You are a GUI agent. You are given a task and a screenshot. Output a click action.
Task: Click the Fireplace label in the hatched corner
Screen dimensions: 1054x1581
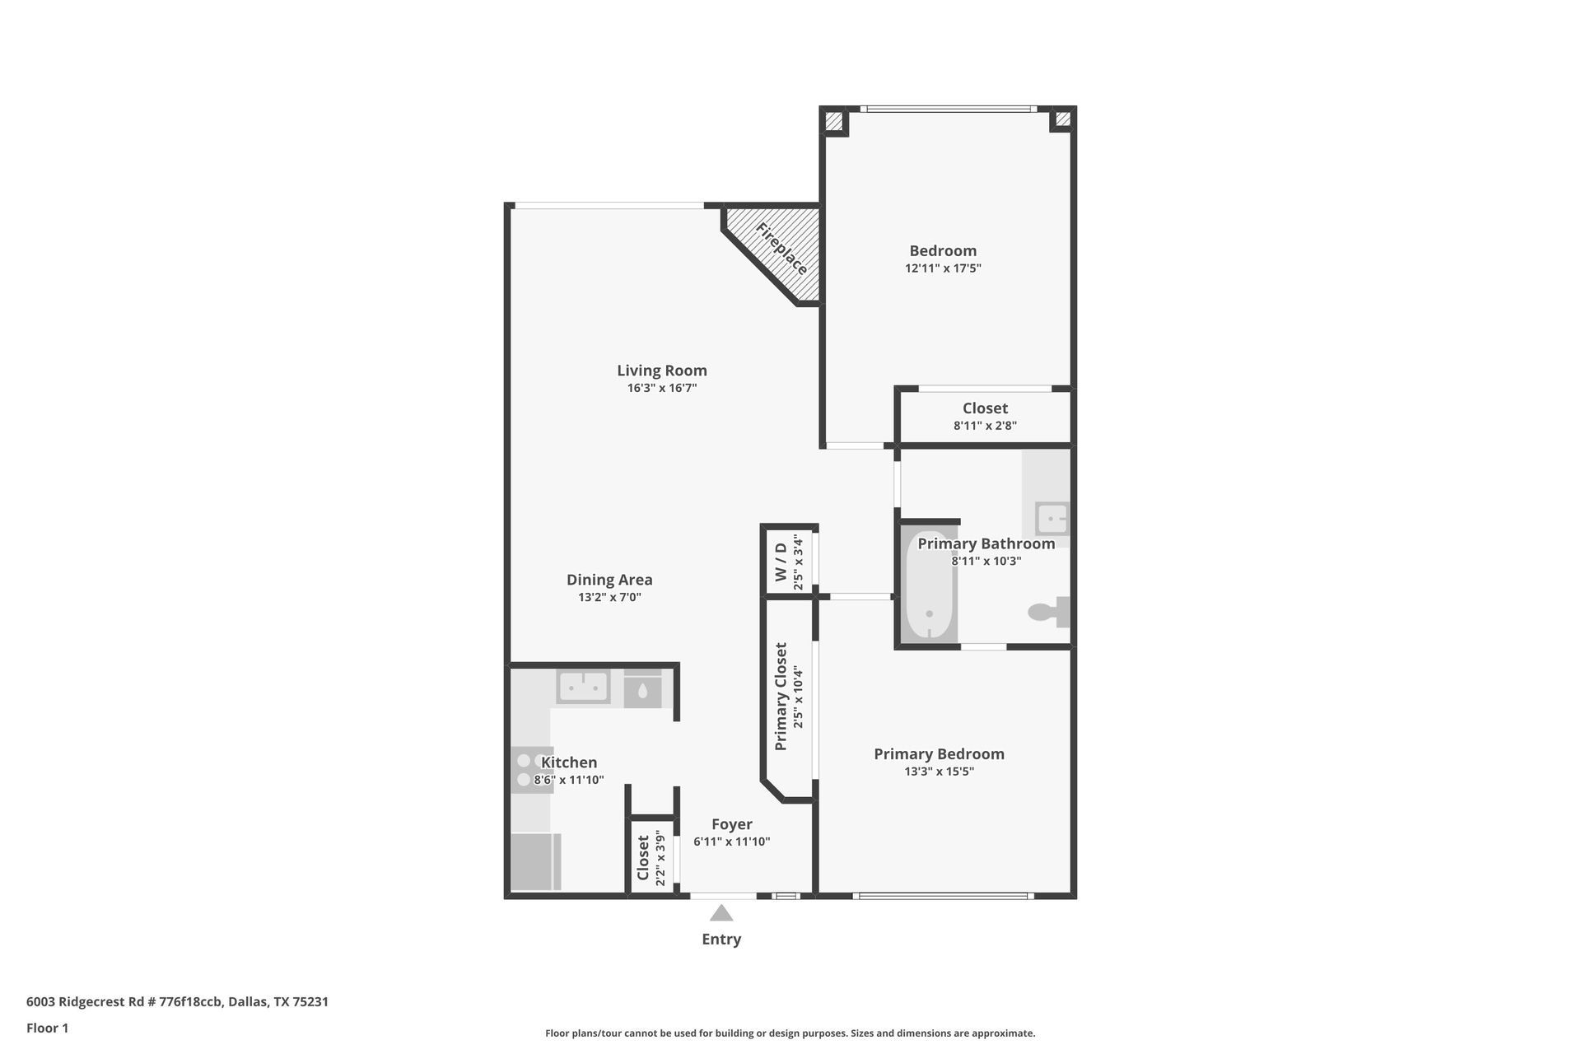[781, 249]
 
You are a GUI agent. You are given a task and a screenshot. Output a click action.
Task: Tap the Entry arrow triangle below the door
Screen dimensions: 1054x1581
[721, 913]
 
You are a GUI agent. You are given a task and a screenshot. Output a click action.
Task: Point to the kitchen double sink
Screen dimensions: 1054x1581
[583, 687]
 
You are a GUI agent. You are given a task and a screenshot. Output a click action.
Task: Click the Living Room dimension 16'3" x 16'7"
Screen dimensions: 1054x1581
[662, 388]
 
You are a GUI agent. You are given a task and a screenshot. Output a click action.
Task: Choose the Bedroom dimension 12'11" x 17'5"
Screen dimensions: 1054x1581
[943, 268]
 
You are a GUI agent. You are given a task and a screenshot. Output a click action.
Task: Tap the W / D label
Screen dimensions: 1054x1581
[780, 562]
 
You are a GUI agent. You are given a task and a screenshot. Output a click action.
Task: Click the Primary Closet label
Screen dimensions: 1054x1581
[781, 697]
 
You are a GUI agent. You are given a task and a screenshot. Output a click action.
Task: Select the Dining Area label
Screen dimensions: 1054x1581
[609, 580]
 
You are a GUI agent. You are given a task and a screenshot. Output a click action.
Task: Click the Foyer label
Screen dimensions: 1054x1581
[731, 824]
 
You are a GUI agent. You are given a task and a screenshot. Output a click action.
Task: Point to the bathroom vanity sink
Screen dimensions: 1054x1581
[1052, 519]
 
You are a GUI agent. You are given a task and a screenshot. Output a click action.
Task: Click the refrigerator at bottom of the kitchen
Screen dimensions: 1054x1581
[534, 861]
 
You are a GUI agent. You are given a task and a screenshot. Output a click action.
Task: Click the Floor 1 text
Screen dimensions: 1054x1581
[48, 1028]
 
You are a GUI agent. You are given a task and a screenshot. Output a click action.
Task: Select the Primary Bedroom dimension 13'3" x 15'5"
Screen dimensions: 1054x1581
[939, 772]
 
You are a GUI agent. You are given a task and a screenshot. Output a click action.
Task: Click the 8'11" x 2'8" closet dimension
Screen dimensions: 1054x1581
[985, 426]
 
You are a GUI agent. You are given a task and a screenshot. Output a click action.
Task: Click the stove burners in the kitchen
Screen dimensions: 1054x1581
[527, 769]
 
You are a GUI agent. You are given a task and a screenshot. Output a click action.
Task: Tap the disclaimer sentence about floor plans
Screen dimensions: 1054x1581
[790, 1033]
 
